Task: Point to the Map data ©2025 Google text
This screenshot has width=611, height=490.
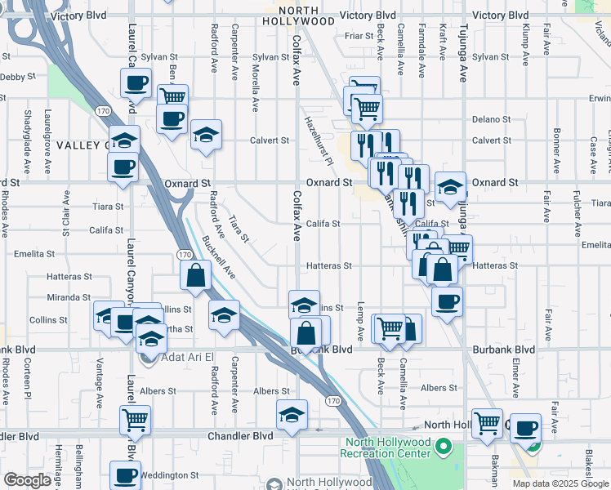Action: (560, 483)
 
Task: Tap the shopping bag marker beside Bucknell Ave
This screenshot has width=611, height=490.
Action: (196, 275)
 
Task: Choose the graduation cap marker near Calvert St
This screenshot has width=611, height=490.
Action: (207, 133)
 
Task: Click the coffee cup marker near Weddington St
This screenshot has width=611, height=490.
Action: (126, 475)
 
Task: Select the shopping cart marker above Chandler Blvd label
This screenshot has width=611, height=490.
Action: (134, 420)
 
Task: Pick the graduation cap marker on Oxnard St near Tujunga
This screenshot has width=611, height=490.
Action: (450, 186)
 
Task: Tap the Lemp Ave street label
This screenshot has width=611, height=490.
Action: (359, 321)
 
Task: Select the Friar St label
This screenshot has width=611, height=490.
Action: (359, 36)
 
